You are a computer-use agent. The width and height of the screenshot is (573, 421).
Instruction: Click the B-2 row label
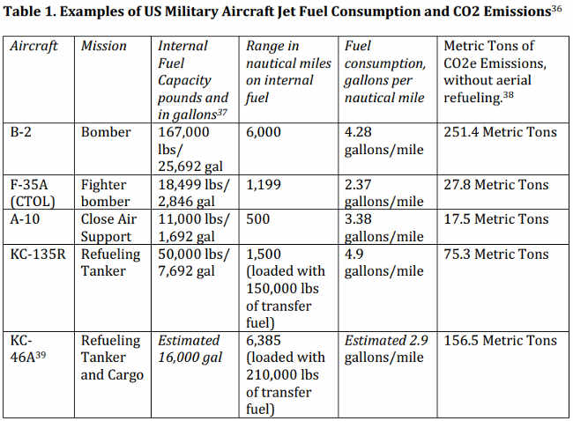(23, 133)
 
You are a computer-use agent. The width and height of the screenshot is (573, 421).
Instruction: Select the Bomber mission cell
(105, 133)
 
